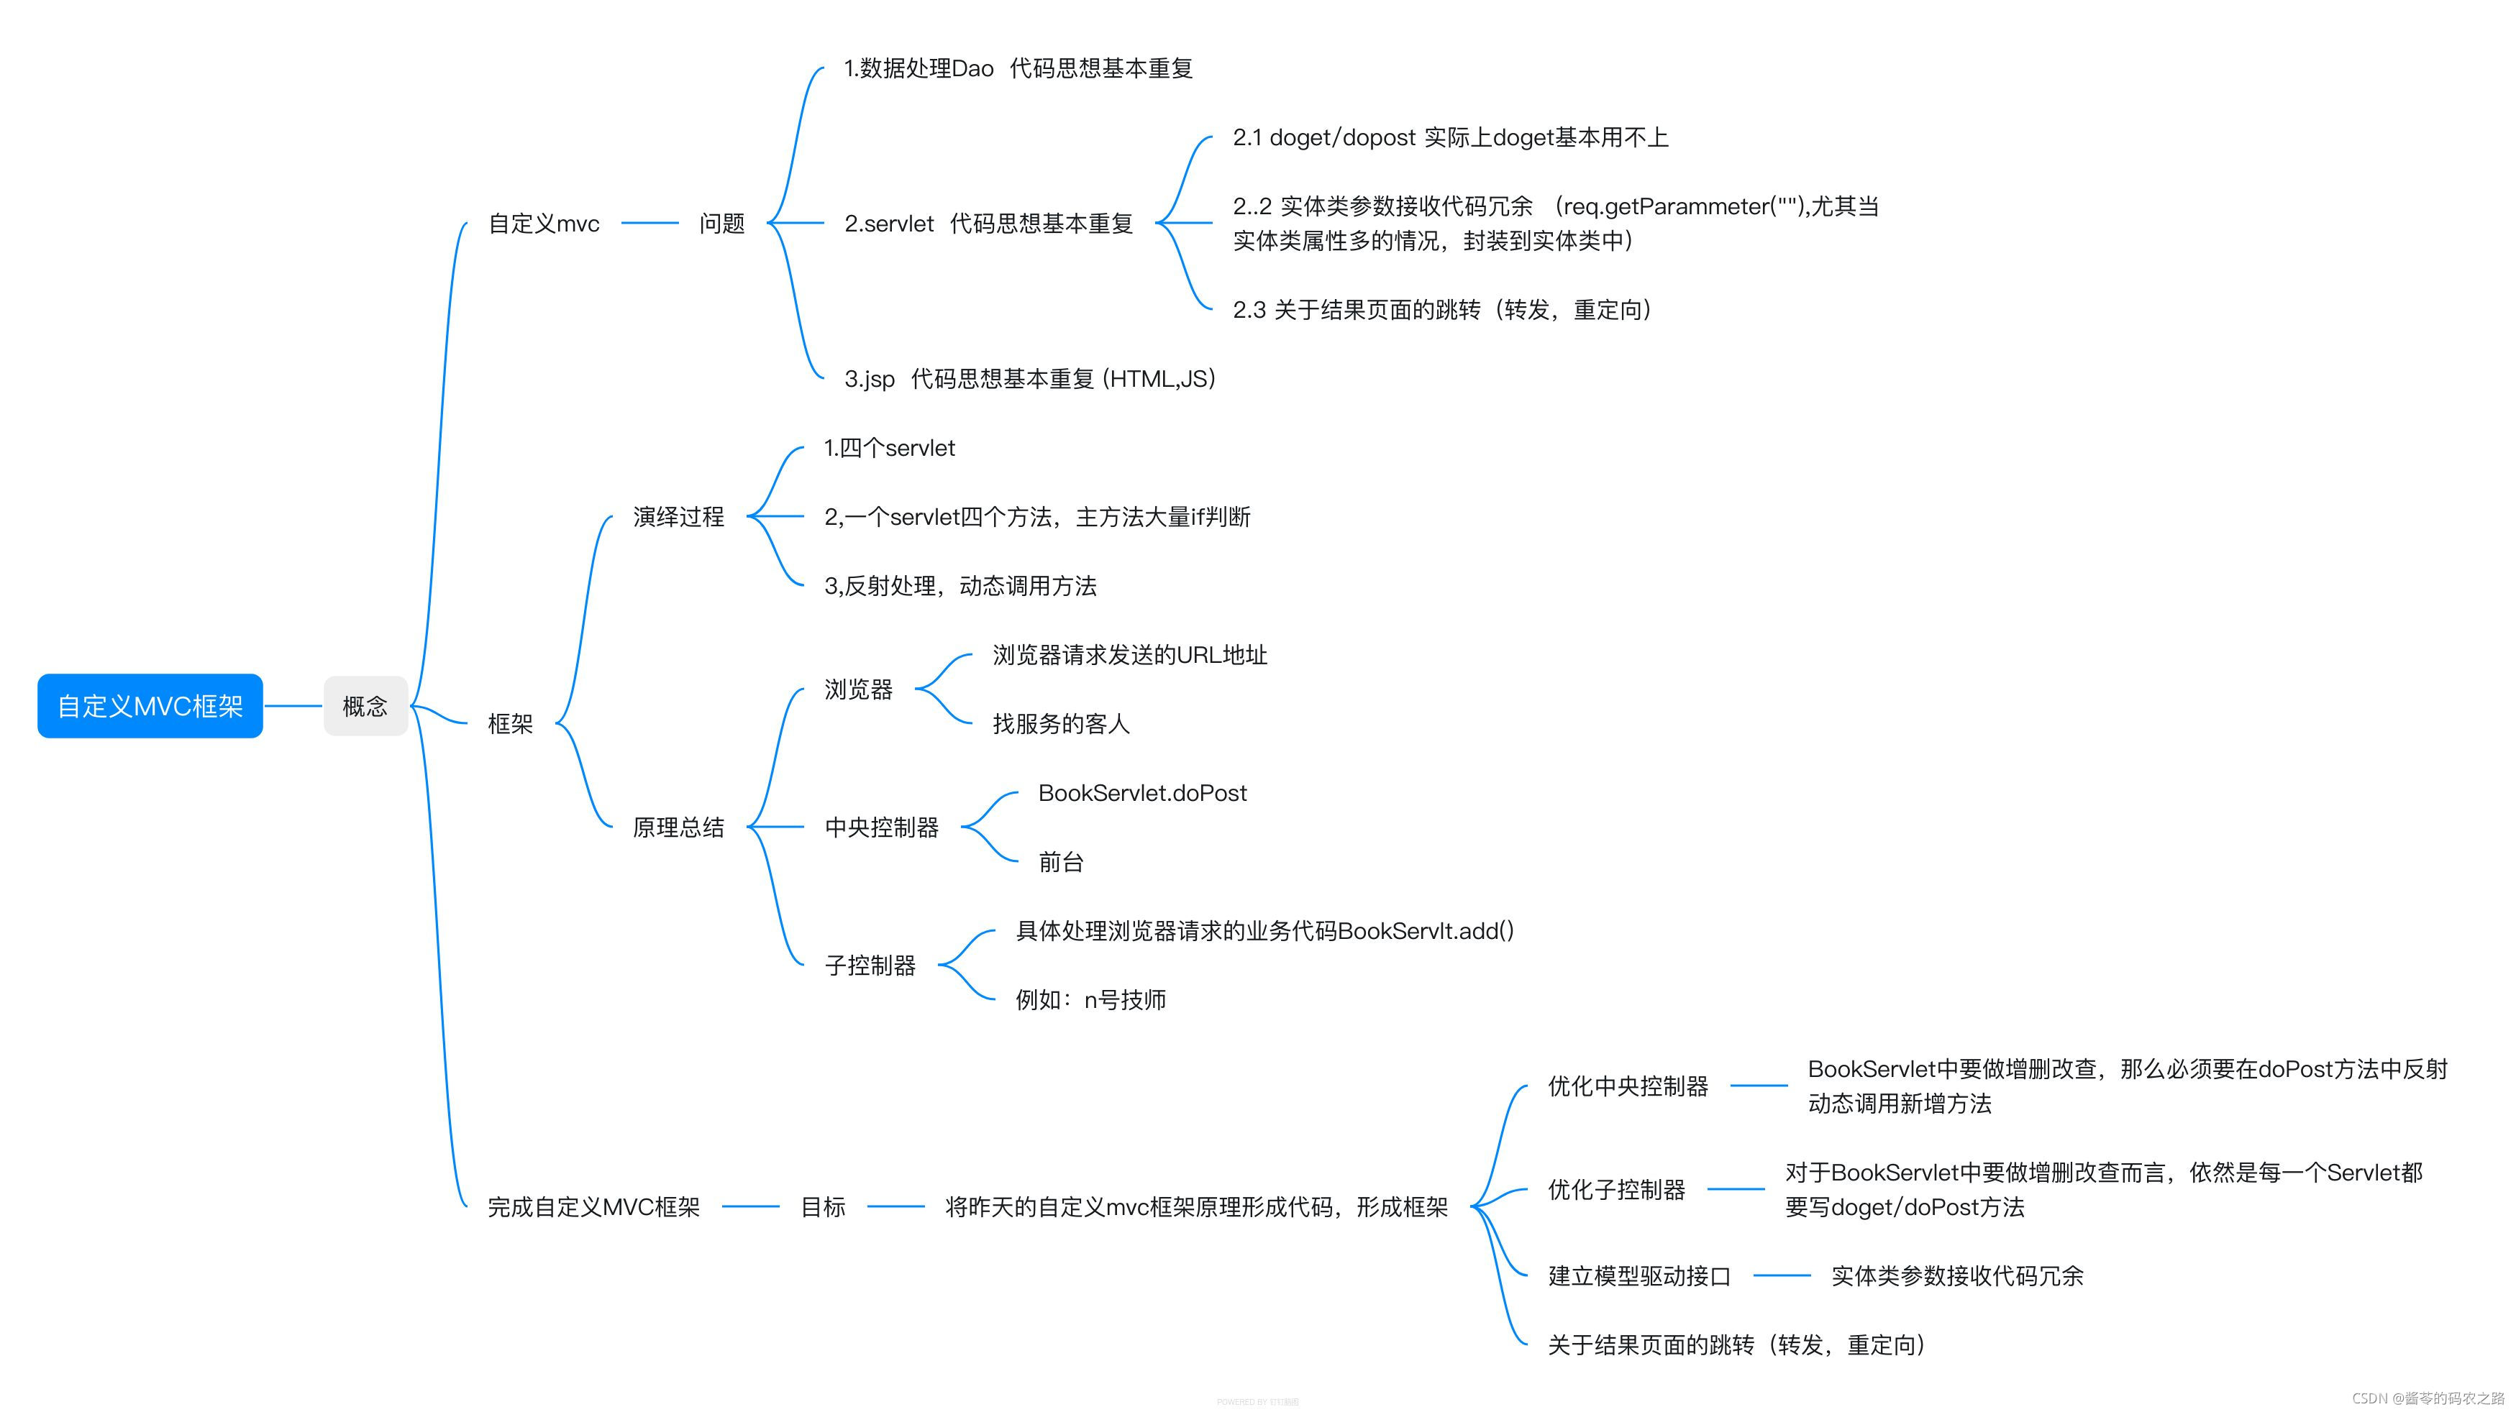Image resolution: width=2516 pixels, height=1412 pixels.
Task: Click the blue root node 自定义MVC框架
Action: tap(150, 706)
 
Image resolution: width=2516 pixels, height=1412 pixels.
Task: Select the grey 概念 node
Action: tap(365, 706)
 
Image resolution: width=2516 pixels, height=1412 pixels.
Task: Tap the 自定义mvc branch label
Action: tap(544, 224)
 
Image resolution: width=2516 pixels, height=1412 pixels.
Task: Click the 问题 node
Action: tap(722, 224)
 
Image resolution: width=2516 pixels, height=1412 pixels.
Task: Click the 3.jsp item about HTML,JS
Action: tap(1029, 379)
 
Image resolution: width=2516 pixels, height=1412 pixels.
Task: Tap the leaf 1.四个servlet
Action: tap(889, 448)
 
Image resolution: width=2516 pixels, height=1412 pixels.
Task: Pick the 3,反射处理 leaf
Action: tap(960, 586)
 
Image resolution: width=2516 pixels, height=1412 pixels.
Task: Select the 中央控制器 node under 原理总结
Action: tap(881, 827)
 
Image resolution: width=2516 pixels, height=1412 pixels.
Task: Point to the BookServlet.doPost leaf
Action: tap(1141, 793)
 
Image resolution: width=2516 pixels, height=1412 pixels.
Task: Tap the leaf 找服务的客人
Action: tap(1061, 723)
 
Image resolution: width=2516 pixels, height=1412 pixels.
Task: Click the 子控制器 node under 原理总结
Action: tap(870, 966)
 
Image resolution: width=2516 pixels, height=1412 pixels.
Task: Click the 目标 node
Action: tap(822, 1207)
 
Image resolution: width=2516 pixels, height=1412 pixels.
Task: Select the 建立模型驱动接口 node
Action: tap(1639, 1276)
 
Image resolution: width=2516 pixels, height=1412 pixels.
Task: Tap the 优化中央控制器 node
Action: tap(1627, 1086)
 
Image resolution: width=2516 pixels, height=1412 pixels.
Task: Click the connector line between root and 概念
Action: tap(293, 706)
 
